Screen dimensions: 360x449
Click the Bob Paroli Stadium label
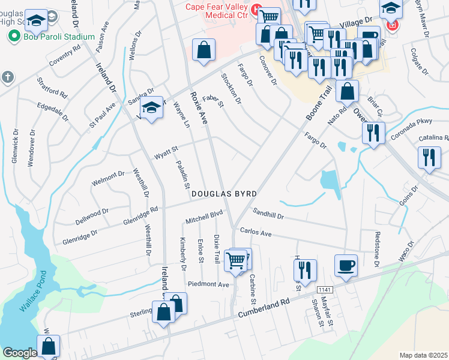pos(58,37)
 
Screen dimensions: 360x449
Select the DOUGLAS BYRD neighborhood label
pos(224,194)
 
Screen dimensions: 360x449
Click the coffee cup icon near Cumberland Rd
pos(346,266)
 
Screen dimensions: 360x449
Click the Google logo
pos(20,352)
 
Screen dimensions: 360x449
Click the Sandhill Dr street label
pos(268,213)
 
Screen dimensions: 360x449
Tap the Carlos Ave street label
pos(256,232)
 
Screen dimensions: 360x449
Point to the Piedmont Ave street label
pos(209,284)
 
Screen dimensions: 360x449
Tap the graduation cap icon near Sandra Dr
pos(151,109)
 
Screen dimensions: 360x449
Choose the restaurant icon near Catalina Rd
pos(429,159)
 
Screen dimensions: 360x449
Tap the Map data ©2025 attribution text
pos(423,355)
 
